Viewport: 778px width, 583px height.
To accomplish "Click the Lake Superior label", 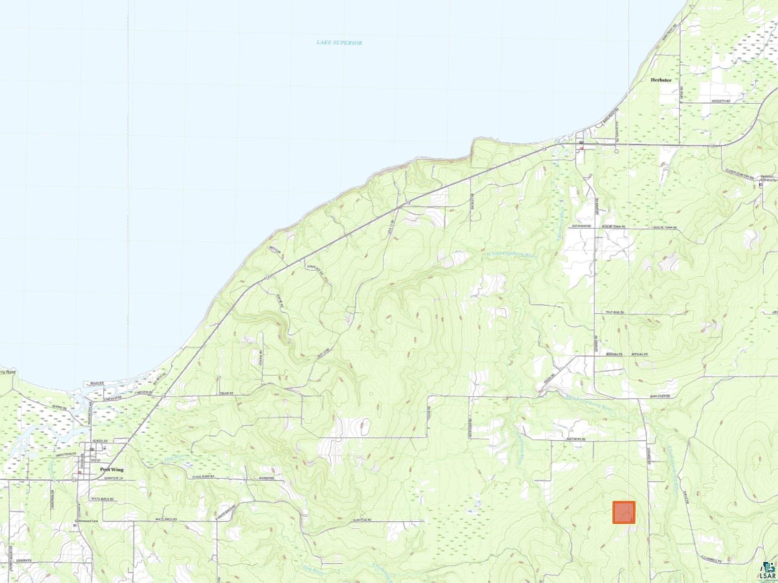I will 339,43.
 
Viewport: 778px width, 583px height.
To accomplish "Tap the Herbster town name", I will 661,80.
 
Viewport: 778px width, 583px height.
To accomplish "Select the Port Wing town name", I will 111,470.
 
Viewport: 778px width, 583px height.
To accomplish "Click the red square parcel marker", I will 624,512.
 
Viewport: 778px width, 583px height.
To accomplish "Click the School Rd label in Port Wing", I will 101,441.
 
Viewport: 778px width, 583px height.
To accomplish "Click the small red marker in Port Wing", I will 80,472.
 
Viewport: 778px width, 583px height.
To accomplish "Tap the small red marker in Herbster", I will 582,148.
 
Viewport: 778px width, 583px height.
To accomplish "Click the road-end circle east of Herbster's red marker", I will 616,149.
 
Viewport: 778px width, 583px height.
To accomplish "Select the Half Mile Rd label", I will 614,313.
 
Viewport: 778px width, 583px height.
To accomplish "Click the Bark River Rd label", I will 661,396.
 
